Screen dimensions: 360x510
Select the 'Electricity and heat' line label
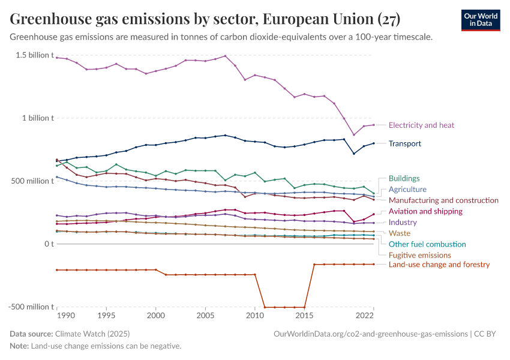pos(421,125)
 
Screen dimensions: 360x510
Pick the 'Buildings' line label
pos(404,178)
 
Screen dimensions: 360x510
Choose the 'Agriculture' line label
pos(407,189)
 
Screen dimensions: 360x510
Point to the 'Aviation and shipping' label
pos(425,211)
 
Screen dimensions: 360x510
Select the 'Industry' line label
pos(403,222)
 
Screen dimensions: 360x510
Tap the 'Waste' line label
pos(399,233)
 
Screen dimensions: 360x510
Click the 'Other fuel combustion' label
pos(427,244)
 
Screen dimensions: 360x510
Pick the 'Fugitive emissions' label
pos(419,255)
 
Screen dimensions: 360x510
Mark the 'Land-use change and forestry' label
pos(439,265)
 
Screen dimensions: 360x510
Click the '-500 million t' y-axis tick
pos(31,307)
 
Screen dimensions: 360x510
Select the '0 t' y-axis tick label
pos(48,244)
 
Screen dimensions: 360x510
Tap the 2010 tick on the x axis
pos(255,315)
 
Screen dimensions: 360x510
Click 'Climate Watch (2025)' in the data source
pos(92,334)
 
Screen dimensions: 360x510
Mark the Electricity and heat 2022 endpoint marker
pos(373,125)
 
